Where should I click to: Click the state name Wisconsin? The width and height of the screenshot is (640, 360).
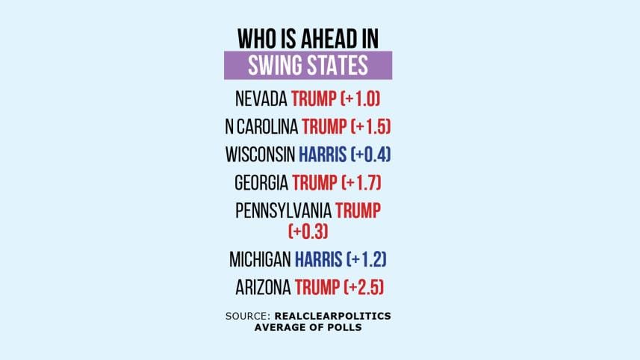click(x=259, y=155)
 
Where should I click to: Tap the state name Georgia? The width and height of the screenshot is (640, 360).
click(x=261, y=182)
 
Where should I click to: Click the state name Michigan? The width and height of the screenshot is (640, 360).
click(x=261, y=260)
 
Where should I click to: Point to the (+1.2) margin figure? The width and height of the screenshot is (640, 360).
click(x=367, y=260)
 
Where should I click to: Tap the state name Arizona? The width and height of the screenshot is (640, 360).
click(x=262, y=287)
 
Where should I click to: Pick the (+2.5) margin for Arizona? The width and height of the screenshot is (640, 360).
click(x=366, y=287)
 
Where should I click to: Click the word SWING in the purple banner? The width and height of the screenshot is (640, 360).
click(x=272, y=66)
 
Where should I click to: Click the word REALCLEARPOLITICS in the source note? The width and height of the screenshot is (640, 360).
click(x=331, y=317)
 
